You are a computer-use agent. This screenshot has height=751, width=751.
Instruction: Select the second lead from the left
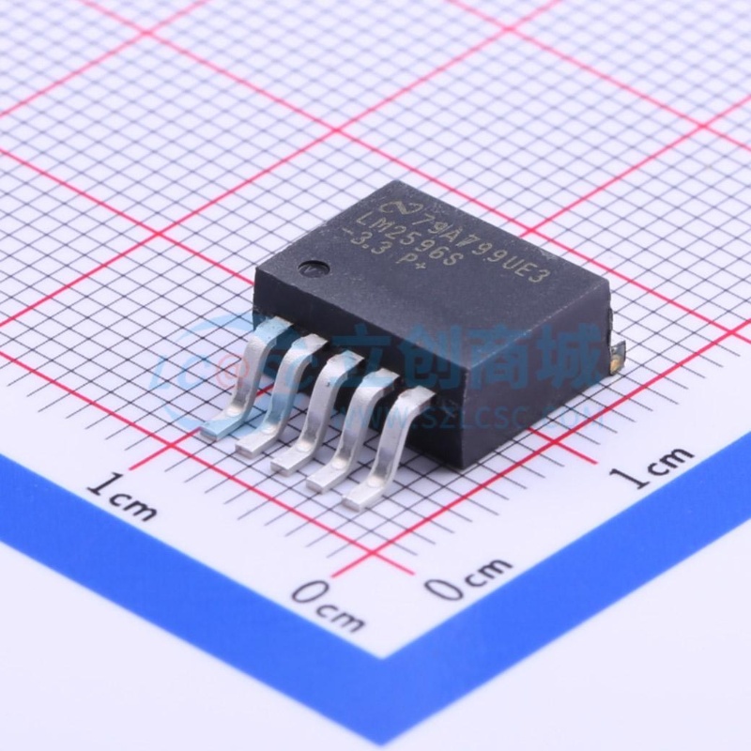(x=277, y=399)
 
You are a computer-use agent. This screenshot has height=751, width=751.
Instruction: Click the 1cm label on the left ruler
(x=121, y=497)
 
